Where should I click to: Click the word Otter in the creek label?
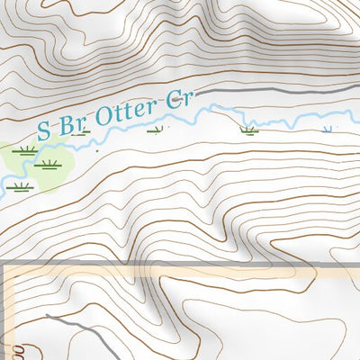128,114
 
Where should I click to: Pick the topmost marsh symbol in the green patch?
26,150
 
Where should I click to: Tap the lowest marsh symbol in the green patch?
22,186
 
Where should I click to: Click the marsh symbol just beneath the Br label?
85,131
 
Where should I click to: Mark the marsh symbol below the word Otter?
157,130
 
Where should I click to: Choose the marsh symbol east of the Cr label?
248,130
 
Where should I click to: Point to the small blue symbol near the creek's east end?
327,130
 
